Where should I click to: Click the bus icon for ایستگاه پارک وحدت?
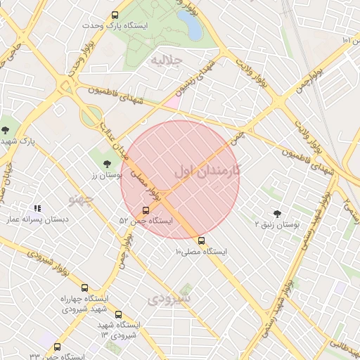coord(115,15)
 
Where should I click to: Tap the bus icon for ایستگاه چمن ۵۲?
coord(146,210)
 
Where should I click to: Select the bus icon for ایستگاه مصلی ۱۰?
coord(202,240)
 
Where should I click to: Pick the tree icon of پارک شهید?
coord(6,129)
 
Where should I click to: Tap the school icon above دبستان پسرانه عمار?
coord(37,208)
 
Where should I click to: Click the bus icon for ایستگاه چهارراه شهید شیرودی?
coord(85,288)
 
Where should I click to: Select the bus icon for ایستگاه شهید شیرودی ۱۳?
coord(118,314)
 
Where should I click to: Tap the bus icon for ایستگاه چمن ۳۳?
coord(57,347)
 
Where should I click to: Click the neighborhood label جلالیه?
coord(166,61)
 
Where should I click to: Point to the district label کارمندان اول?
coord(207,171)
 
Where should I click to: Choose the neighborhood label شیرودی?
coord(169,299)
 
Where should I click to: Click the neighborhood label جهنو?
coord(80,200)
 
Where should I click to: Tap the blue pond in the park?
coord(190,25)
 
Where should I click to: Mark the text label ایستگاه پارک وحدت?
coord(144,25)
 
